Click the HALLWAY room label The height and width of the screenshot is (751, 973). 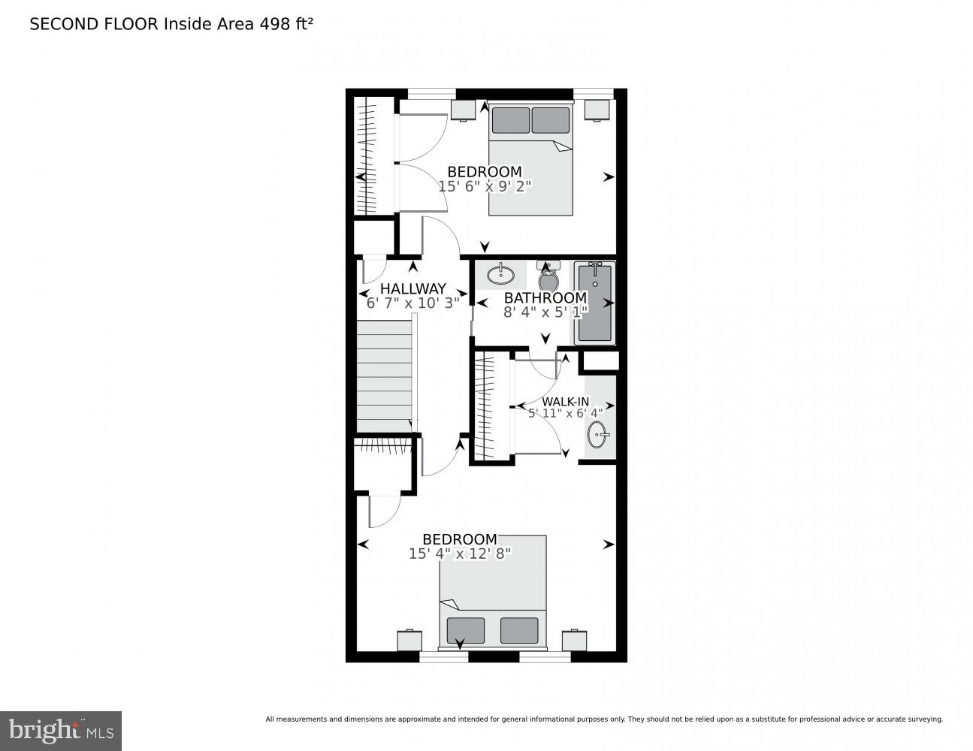412,288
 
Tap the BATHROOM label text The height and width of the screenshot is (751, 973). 545,298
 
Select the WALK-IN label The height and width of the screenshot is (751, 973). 566,402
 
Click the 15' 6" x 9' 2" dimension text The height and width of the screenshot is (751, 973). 485,185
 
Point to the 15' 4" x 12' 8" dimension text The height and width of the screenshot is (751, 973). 460,553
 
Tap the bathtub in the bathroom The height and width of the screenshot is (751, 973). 595,302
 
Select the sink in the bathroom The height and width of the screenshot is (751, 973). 500,273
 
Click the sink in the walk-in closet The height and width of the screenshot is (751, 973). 599,434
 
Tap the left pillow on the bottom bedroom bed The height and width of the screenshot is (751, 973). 465,630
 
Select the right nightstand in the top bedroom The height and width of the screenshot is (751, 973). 597,110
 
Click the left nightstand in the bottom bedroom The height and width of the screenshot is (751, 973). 409,640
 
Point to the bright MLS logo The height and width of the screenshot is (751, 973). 60,730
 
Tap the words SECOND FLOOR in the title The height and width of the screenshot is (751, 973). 94,24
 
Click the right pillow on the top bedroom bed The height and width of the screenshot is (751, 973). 551,120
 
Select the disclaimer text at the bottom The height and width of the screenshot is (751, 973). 603,719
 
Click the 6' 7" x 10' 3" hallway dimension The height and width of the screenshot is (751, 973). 412,303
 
